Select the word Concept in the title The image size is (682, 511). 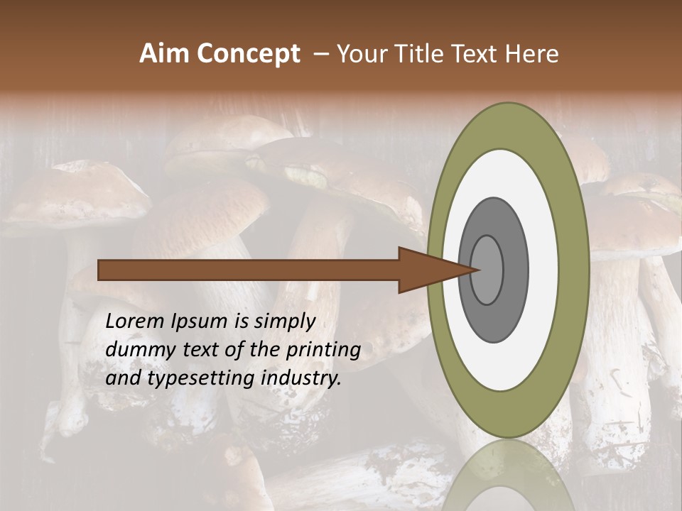coord(249,54)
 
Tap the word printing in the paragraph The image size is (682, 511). coord(323,350)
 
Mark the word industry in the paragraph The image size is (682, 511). coord(301,378)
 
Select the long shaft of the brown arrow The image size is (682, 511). coord(249,270)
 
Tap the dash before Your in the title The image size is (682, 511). coord(320,54)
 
